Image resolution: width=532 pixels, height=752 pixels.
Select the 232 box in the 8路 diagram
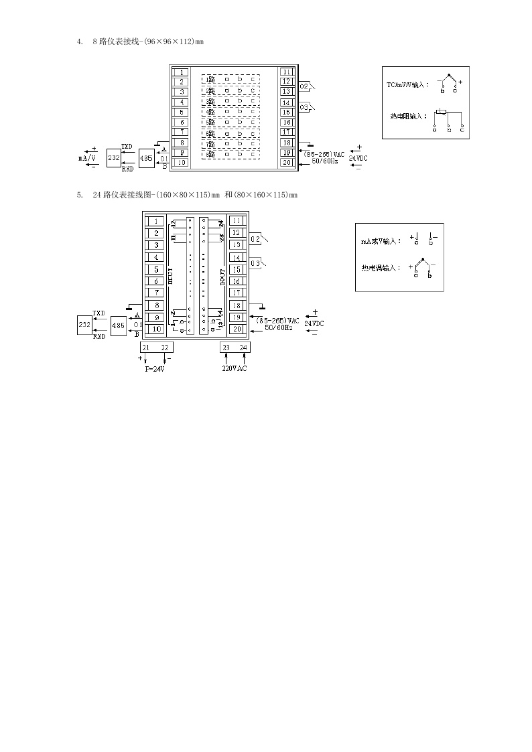tap(114, 158)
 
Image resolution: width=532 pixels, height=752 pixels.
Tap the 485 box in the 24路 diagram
tap(118, 325)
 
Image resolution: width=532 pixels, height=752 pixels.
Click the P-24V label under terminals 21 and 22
tap(155, 369)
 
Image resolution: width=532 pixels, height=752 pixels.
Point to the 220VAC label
tap(235, 369)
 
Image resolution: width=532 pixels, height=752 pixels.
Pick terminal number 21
tap(146, 347)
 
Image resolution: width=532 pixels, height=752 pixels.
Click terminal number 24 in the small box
tap(243, 347)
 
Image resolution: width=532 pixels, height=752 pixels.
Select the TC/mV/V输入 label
tap(408, 86)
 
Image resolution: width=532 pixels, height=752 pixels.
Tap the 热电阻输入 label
tap(409, 116)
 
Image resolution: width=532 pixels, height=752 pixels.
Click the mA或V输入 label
tap(381, 240)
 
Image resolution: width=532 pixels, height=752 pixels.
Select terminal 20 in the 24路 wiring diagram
tap(237, 329)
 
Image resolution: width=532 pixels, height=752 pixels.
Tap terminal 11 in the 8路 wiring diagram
tap(286, 72)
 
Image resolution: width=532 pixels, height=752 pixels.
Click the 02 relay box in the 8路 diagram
tap(304, 86)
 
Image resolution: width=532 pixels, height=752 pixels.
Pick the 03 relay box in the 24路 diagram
tap(255, 263)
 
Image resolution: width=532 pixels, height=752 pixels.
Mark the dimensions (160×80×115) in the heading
tap(183, 195)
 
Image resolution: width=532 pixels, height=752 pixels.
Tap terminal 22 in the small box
tap(165, 347)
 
